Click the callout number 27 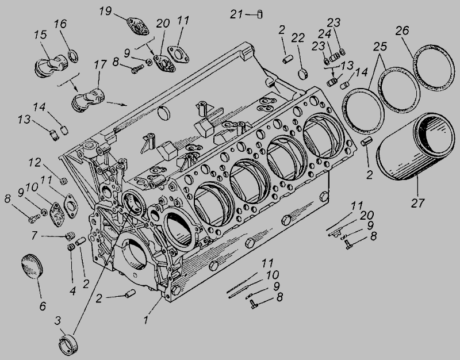click(418, 203)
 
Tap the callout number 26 click(402, 30)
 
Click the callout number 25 click(380, 46)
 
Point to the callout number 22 click(298, 39)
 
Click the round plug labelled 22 click(303, 74)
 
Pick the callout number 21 click(236, 14)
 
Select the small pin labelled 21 click(260, 14)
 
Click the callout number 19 click(105, 11)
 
